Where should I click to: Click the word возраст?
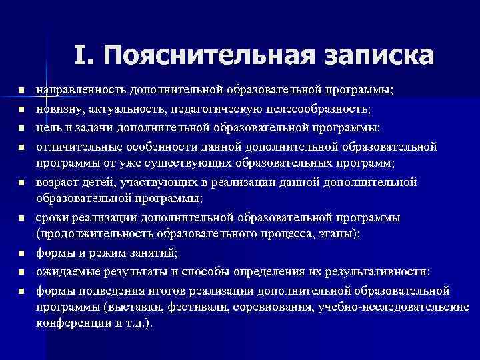[x=56, y=181]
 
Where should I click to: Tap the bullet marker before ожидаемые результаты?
[x=21, y=272]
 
